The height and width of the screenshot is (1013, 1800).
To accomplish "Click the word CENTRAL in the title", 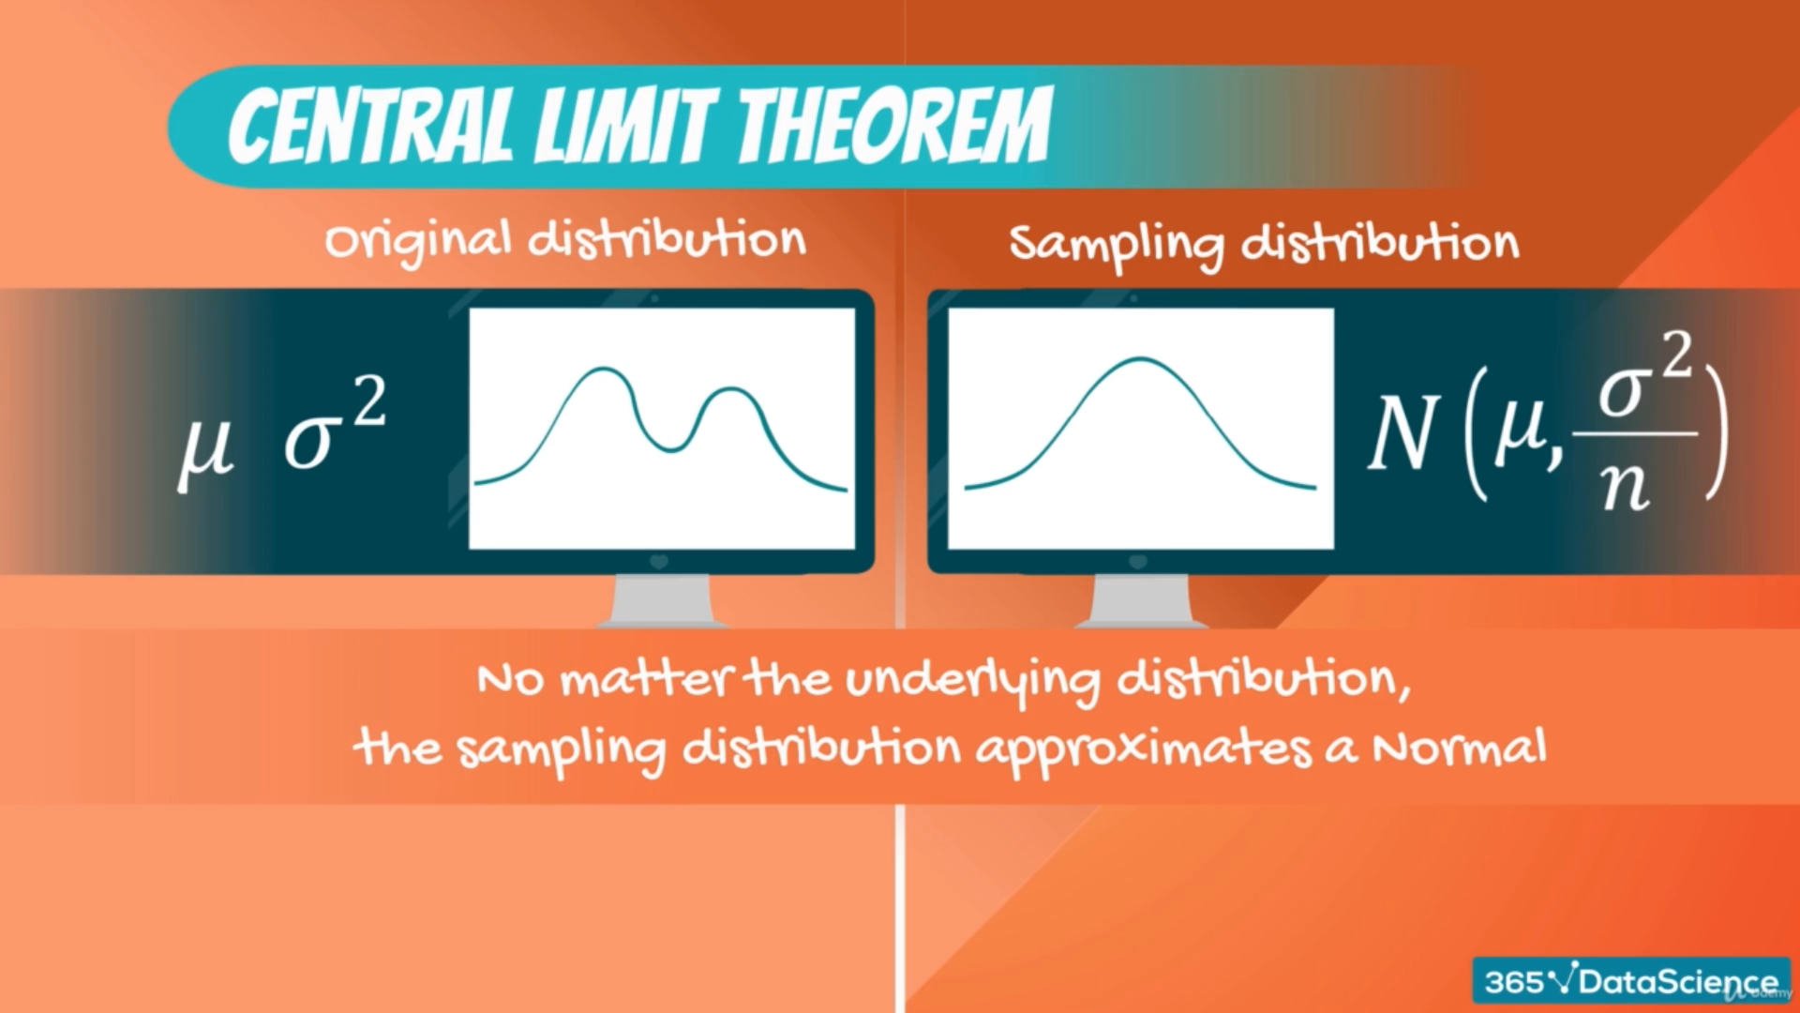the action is (371, 125).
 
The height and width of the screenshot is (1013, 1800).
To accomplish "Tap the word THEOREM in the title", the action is (894, 125).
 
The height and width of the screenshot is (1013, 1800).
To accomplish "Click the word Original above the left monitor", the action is (418, 241).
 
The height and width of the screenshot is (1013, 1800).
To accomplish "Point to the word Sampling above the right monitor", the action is (1117, 245).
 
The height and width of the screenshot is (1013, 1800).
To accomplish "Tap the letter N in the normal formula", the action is (1403, 431).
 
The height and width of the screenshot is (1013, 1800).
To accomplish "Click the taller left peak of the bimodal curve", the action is (600, 370).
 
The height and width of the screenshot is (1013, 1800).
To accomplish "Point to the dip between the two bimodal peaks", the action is (670, 450).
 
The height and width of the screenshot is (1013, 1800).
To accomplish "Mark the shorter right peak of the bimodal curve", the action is (731, 388).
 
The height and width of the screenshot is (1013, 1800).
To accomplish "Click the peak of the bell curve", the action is (1139, 359).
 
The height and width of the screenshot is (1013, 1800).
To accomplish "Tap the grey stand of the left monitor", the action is (661, 600).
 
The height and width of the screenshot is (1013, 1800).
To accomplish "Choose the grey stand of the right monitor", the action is (1141, 600).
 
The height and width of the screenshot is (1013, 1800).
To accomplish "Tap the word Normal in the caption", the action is (1459, 748).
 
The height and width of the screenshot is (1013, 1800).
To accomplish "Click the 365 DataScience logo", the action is (1631, 981).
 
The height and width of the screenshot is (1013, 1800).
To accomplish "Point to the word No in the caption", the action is (510, 678).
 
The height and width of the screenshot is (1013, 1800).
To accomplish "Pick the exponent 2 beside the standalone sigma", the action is (370, 402).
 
